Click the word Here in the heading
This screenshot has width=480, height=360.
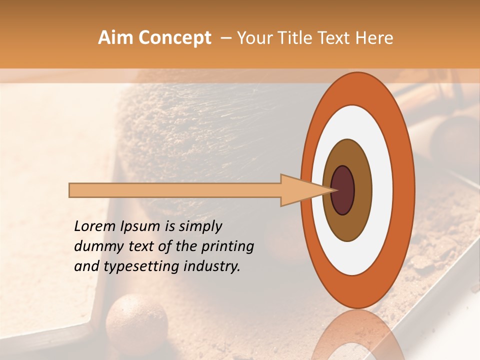pyautogui.click(x=375, y=38)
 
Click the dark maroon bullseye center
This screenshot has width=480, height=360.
pyautogui.click(x=342, y=190)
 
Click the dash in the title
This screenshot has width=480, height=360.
pyautogui.click(x=225, y=38)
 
